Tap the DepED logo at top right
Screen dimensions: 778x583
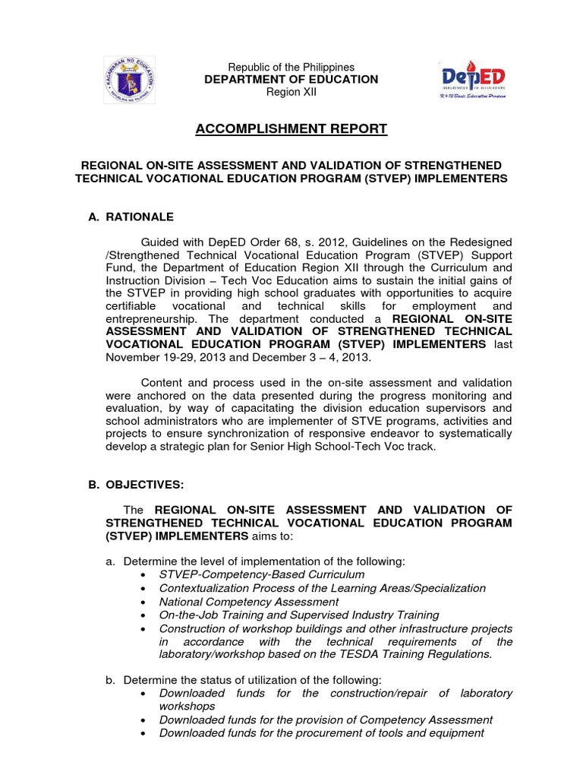[x=474, y=81]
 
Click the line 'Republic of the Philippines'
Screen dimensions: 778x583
[x=292, y=68]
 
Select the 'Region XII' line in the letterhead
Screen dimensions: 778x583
[x=291, y=92]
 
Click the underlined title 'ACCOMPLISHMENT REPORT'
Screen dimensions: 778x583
[x=291, y=129]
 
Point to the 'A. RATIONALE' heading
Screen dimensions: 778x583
[x=131, y=217]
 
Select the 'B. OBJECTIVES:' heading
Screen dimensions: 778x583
[x=136, y=484]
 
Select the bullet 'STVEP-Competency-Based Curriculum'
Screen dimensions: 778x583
[x=261, y=574]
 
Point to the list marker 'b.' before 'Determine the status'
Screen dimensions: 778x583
[x=110, y=680]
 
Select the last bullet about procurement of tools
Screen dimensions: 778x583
[x=321, y=733]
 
